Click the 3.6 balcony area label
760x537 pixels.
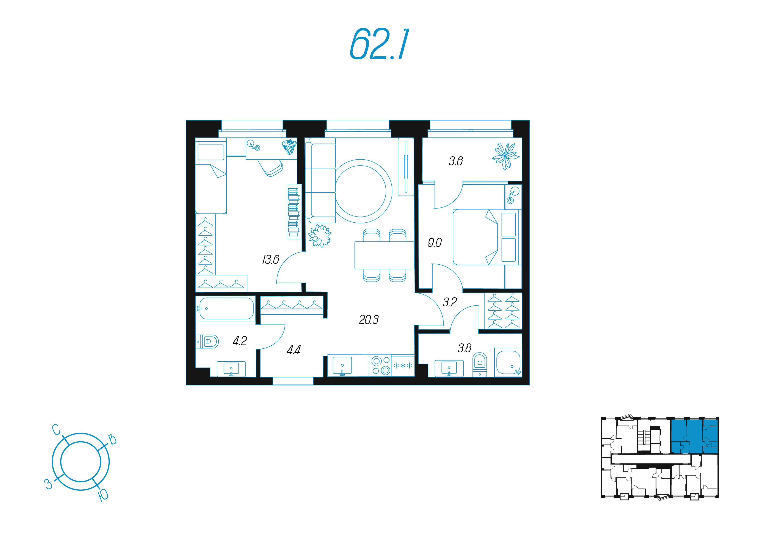[456, 161]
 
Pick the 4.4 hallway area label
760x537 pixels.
[294, 350]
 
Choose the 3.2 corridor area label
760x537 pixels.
[450, 302]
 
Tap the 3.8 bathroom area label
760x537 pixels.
[464, 348]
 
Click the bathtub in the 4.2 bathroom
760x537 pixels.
[226, 308]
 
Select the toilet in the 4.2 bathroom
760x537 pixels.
[208, 341]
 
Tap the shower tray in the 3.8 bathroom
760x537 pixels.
[508, 362]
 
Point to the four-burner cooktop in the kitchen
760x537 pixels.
[380, 366]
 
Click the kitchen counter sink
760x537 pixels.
[342, 366]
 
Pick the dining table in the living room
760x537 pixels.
[384, 255]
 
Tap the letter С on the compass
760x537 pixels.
[57, 429]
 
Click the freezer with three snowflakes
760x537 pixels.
[403, 366]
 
